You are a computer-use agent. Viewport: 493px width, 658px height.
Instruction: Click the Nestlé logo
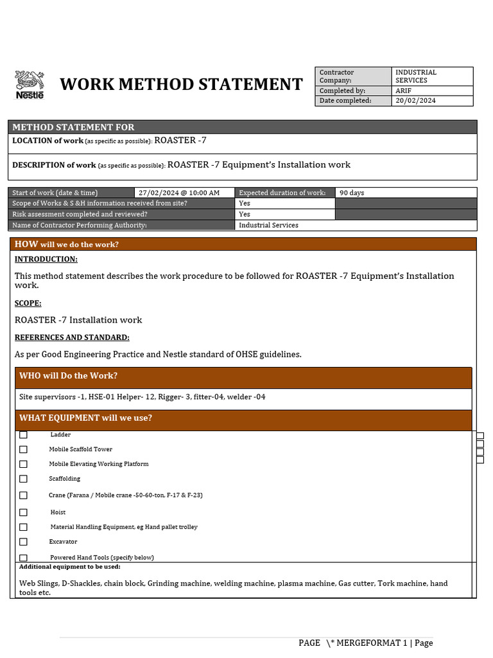[29, 85]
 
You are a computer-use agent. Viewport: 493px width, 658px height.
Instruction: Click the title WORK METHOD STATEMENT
[181, 84]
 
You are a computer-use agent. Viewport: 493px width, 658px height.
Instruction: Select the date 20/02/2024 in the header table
[415, 100]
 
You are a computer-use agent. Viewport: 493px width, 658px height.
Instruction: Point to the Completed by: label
[342, 91]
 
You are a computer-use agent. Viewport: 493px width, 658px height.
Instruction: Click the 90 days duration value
[352, 193]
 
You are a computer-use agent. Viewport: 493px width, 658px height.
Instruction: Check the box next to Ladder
[24, 435]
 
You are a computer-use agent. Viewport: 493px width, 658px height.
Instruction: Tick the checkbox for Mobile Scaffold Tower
[24, 449]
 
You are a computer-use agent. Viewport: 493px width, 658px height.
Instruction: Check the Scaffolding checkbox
[24, 479]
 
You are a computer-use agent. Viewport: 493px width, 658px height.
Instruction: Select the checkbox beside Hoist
[24, 512]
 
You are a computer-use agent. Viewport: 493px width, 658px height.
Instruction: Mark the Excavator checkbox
[24, 542]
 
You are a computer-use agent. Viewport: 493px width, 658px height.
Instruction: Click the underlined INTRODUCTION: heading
[46, 259]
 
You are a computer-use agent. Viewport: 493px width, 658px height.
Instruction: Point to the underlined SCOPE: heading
[28, 303]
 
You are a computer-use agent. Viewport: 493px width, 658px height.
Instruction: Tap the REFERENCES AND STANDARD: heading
[72, 337]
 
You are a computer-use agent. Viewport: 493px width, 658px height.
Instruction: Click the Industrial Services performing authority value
[268, 225]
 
